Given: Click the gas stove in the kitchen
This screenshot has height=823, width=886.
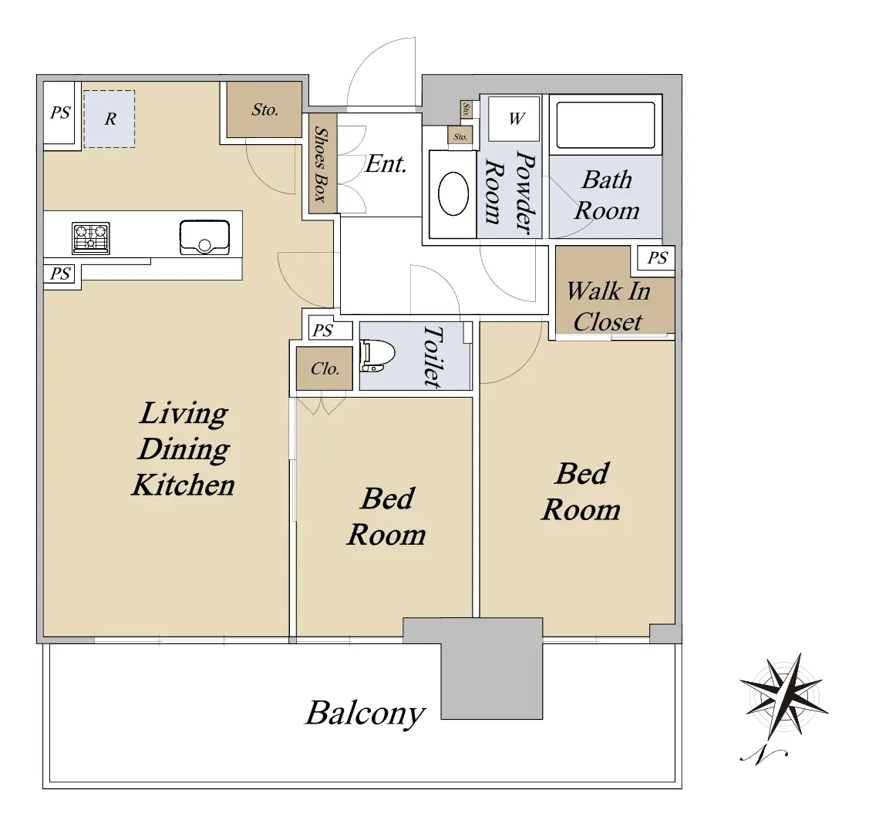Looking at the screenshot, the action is pos(91,238).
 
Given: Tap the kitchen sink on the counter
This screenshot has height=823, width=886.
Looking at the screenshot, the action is pos(204,237).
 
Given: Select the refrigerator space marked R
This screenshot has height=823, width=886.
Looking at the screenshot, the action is pos(109,119).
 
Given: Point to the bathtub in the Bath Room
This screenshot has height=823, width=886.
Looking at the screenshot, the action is pos(605,125).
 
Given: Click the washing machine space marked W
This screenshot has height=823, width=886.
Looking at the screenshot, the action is pos(514,119).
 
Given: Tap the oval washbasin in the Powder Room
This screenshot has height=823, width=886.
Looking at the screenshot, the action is pos(453,193).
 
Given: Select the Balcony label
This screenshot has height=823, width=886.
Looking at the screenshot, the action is pos(365,714).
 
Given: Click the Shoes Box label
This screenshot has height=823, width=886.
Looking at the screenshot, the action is pos(321,164).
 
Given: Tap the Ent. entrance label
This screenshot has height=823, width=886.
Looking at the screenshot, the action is pos(386,164).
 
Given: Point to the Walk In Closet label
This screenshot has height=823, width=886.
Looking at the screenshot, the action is pos(608,307).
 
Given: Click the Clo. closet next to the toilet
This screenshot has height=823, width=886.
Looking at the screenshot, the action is pos(325,368).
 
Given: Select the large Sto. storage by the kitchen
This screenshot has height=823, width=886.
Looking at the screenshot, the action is pos(264,109).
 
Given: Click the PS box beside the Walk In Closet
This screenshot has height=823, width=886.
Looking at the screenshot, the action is pos(656,258).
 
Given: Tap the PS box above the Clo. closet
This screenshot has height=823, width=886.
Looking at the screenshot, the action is pos(330,331).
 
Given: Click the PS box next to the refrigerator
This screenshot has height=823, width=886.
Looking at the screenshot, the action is pos(59,113).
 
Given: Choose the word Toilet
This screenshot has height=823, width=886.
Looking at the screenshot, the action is pos(433,357).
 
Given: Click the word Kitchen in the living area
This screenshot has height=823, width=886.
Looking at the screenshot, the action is pos(183,485).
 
